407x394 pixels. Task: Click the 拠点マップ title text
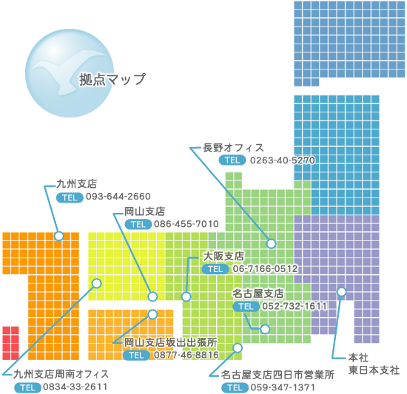pyautogui.click(x=112, y=79)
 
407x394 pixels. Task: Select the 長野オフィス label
pyautogui.click(x=233, y=148)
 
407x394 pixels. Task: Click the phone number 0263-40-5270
pyautogui.click(x=283, y=160)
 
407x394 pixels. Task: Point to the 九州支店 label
pyautogui.click(x=76, y=184)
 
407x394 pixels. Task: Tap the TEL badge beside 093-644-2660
pyautogui.click(x=70, y=197)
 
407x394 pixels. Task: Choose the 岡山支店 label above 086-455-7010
pyautogui.click(x=144, y=211)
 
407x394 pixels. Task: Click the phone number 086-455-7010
pyautogui.click(x=186, y=224)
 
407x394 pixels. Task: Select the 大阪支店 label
pyautogui.click(x=223, y=256)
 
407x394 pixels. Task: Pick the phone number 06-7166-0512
pyautogui.click(x=265, y=268)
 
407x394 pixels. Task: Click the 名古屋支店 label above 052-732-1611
pyautogui.click(x=258, y=293)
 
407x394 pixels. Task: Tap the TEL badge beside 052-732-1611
pyautogui.click(x=246, y=307)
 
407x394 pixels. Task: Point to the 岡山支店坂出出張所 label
pyautogui.click(x=170, y=342)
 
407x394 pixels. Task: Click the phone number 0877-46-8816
pyautogui.click(x=186, y=355)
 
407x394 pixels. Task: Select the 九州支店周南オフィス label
pyautogui.click(x=61, y=374)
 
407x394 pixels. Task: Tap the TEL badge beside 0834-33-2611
pyautogui.click(x=27, y=387)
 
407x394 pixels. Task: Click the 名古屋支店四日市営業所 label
pyautogui.click(x=277, y=375)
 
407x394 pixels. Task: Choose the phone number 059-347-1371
pyautogui.click(x=283, y=387)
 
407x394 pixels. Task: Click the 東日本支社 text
pyautogui.click(x=374, y=370)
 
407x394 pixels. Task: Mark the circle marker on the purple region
pyautogui.click(x=342, y=291)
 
